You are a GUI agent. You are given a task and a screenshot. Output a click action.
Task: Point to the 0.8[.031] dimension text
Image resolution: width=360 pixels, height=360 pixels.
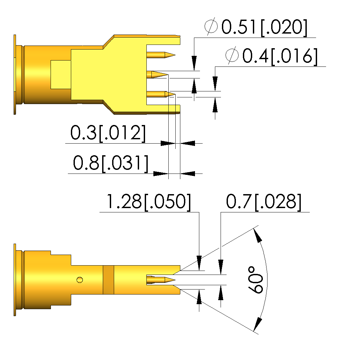click(111, 163)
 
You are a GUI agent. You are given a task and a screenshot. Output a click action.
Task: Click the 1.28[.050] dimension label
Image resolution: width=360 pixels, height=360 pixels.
click(148, 202)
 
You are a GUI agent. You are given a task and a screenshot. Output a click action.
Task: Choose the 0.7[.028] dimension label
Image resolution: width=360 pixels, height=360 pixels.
click(264, 202)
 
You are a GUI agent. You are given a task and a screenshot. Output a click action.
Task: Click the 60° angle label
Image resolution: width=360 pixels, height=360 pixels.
click(256, 280)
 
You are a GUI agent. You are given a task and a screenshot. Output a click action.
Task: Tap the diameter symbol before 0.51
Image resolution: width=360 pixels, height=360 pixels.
click(211, 27)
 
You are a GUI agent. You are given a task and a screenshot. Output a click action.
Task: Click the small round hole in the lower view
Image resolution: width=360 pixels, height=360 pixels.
click(80, 280)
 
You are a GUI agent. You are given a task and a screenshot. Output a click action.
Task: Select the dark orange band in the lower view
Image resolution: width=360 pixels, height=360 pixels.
click(108, 280)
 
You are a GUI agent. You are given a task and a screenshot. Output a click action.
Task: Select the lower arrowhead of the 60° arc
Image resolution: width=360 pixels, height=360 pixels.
click(257, 324)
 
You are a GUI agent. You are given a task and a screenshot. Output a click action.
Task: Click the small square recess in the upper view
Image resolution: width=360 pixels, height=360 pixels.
click(61, 75)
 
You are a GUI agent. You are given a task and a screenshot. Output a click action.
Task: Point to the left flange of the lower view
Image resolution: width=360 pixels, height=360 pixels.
click(15, 279)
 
